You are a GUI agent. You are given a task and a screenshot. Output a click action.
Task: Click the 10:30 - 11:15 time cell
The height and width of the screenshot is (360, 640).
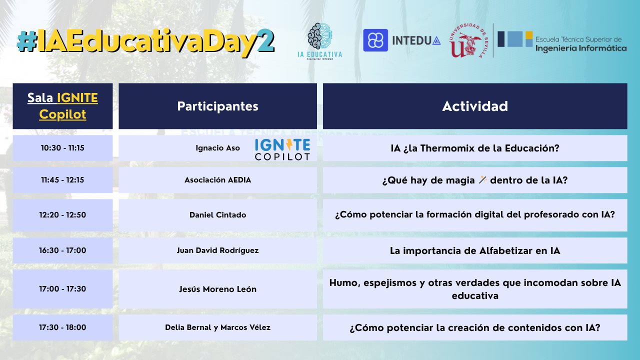point(62,148)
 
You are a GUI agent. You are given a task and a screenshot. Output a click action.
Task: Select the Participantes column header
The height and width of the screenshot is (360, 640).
point(217,106)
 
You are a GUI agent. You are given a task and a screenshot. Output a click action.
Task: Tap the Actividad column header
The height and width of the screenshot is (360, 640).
point(475,106)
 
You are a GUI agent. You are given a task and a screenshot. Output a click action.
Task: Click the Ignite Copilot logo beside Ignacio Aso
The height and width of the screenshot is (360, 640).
point(282,149)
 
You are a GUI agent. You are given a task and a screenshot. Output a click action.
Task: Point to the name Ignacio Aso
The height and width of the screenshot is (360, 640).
point(217,148)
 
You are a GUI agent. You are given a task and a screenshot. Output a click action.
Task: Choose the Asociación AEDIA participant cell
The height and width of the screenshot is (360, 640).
point(217,180)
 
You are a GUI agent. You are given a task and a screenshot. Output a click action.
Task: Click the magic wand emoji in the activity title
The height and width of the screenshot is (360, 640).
point(482,179)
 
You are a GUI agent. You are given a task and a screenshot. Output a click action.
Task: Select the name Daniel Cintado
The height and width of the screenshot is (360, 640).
point(217,215)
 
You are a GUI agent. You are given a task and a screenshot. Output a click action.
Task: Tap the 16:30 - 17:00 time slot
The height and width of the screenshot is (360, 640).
point(62,250)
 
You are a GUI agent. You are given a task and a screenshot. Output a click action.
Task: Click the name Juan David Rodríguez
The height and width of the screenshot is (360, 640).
point(217,250)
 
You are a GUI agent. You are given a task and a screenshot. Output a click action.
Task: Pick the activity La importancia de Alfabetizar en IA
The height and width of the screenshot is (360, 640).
point(475,250)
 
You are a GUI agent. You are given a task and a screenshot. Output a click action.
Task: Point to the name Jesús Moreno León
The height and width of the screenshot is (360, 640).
point(217,289)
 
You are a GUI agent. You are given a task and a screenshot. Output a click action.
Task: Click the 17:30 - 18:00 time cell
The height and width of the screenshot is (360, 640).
point(62,327)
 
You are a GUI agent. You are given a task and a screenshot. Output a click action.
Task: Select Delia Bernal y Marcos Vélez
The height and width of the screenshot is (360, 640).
point(217,327)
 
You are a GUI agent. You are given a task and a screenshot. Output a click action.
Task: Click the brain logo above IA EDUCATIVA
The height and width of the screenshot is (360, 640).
point(319,36)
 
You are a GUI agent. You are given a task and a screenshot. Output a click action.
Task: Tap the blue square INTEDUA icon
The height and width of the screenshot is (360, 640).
point(375,40)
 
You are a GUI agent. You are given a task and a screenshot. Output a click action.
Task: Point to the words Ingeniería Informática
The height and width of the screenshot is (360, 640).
point(581,48)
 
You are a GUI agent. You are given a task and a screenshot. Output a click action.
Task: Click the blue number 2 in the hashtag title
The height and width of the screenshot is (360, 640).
point(265,40)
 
